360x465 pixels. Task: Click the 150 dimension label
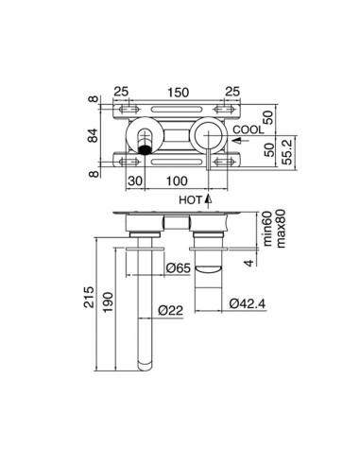click(x=178, y=94)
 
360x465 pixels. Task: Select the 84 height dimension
click(x=92, y=135)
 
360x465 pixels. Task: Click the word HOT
click(x=191, y=199)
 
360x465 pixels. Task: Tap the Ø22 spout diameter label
click(x=170, y=309)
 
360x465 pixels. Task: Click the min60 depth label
click(x=267, y=229)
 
